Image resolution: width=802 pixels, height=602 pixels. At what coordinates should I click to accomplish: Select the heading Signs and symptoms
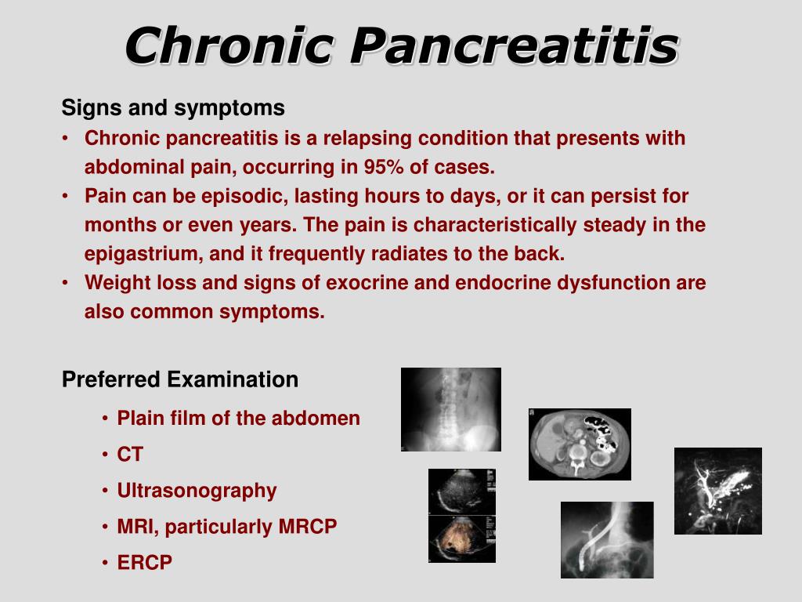(x=173, y=108)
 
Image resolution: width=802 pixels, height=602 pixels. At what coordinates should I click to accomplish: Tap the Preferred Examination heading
(x=180, y=380)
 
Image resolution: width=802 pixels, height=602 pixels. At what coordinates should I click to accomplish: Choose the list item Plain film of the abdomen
(x=238, y=419)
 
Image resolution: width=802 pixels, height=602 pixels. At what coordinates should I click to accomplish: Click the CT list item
(x=130, y=455)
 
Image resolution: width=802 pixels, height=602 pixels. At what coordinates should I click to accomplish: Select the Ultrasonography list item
(x=197, y=491)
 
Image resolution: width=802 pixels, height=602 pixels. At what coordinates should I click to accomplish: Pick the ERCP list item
(x=145, y=563)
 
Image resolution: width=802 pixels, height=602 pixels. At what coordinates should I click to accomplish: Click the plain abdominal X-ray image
(x=450, y=409)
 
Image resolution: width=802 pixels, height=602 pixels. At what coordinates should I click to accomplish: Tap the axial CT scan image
(x=580, y=444)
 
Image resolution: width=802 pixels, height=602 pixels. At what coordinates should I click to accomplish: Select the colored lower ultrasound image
(x=462, y=539)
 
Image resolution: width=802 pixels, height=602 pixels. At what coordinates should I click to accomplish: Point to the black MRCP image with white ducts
(x=718, y=491)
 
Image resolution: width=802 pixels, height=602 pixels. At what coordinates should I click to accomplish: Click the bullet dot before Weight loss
(x=65, y=282)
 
